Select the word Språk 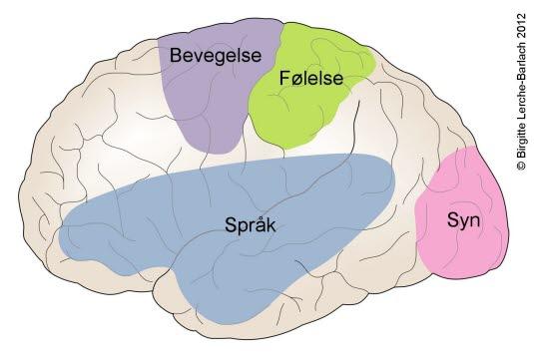tap(250, 224)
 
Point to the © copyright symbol tap(520, 169)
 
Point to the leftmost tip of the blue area tap(60, 240)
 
